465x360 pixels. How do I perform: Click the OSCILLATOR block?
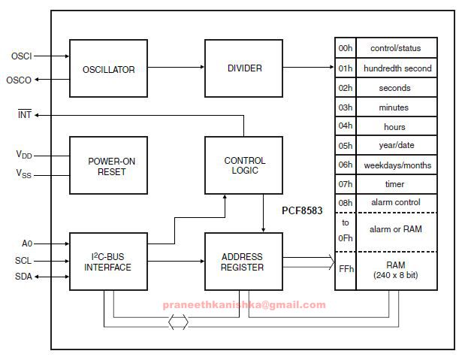[108, 69]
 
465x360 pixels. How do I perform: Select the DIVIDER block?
[244, 68]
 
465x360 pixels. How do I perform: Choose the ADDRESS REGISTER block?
[244, 262]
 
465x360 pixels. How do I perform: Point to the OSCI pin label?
[21, 56]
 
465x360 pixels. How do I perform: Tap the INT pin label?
[24, 115]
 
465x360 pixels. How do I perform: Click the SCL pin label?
[23, 261]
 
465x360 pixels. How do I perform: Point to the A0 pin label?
[26, 244]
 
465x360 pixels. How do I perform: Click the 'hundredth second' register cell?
[397, 68]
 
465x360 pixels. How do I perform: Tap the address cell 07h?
[345, 184]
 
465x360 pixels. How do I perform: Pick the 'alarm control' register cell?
[397, 203]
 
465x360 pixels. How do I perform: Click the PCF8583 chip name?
[302, 211]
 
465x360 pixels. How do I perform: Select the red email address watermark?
[244, 305]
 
